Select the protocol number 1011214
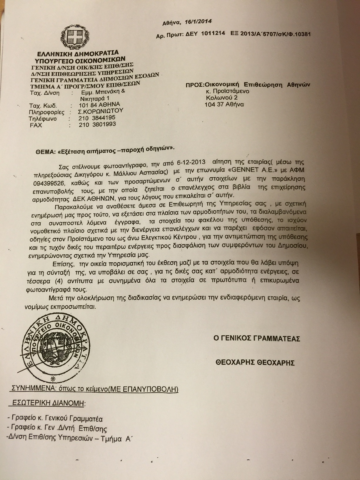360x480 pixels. click(213, 33)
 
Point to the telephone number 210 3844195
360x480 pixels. click(97, 118)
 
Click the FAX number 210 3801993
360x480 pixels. click(97, 124)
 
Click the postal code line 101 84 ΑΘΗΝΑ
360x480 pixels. click(99, 105)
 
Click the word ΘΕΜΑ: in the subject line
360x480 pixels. click(45, 152)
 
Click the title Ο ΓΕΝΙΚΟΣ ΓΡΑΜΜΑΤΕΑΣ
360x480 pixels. click(257, 339)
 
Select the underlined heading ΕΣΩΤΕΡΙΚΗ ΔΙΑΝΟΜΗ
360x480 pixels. click(48, 403)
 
